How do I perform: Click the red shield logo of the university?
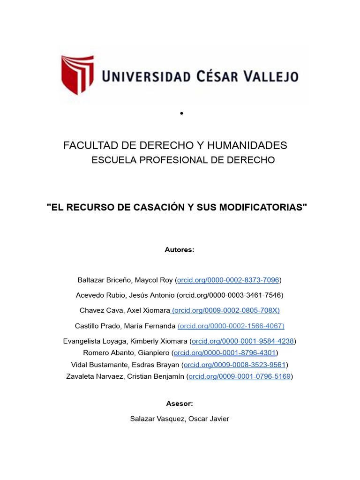tap(77, 75)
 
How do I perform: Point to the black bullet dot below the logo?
tap(181, 113)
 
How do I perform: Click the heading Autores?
tap(180, 250)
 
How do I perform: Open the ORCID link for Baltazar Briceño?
tap(228, 280)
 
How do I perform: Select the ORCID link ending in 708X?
tap(226, 310)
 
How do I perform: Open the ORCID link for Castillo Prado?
tap(231, 326)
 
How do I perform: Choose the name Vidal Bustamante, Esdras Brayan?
tap(125, 364)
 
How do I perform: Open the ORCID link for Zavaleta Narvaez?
tap(240, 376)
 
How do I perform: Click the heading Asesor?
tap(180, 404)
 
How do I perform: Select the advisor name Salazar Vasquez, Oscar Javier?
tap(180, 419)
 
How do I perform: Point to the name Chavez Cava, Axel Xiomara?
tap(125, 310)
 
